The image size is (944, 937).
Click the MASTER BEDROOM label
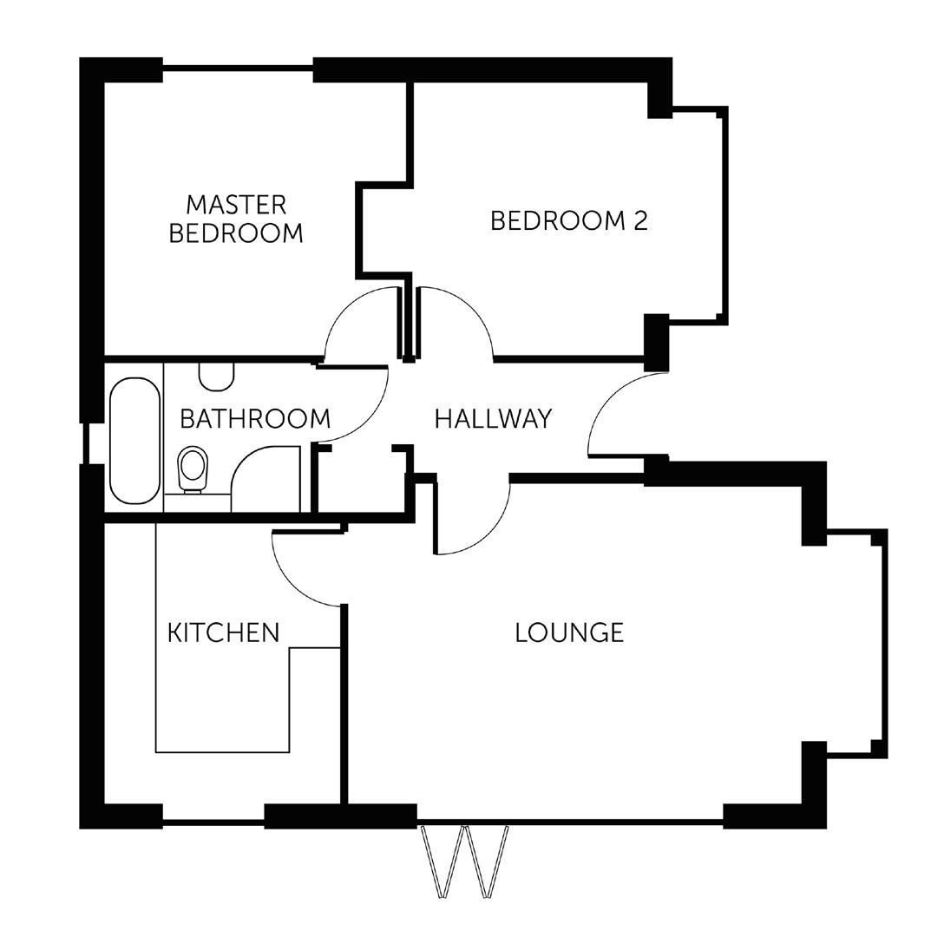click(x=236, y=219)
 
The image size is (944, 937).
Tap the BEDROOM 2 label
click(x=569, y=221)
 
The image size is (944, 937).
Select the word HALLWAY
click(x=493, y=418)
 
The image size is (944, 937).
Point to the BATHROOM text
click(x=255, y=418)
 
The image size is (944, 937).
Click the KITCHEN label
click(x=223, y=632)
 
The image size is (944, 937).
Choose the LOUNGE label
click(x=569, y=632)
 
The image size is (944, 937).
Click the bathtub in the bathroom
click(x=134, y=440)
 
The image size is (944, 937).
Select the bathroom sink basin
click(x=216, y=377)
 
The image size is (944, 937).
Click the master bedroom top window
click(x=238, y=66)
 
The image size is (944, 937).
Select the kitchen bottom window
click(x=213, y=820)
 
